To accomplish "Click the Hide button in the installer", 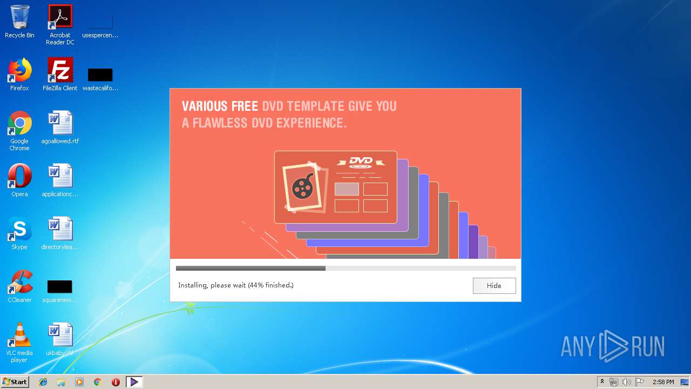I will point(494,286).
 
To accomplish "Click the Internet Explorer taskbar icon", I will point(43,382).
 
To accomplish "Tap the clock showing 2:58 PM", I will point(663,382).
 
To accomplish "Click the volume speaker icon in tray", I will point(626,382).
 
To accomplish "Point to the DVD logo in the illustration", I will point(361,162).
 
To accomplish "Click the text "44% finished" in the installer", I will point(270,285).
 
